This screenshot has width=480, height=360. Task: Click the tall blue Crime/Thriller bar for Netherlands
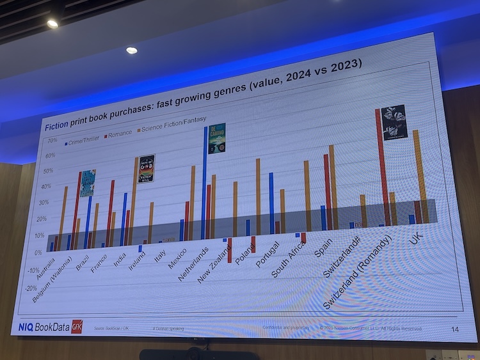[x=205, y=185]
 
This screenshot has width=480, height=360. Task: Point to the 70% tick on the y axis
[x=52, y=141]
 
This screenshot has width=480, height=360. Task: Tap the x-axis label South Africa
[x=288, y=261]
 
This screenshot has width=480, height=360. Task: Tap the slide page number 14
[x=455, y=329]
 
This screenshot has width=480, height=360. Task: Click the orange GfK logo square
[x=77, y=325]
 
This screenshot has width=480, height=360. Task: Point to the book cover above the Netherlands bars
[x=217, y=137]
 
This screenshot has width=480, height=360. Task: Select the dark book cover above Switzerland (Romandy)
[x=394, y=121]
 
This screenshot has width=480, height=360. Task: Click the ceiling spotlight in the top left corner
[x=52, y=23]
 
